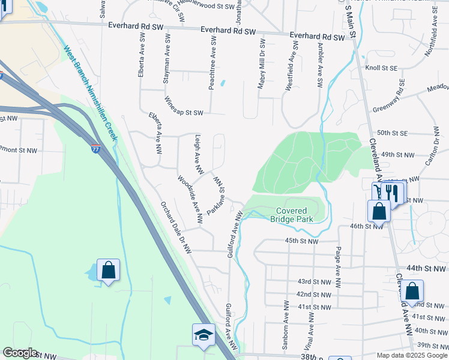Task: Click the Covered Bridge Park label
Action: pos(292,215)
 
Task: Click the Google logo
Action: pos(20,353)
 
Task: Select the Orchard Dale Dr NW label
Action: pos(175,227)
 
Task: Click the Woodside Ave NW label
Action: pos(190,199)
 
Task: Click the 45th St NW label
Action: pos(300,241)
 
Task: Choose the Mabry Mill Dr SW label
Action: pos(262,65)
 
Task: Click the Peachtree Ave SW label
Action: pos(212,62)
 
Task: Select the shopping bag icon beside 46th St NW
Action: pos(378,211)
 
